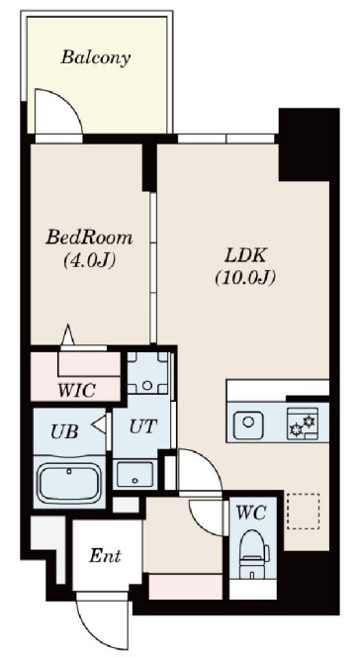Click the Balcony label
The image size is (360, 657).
point(95,57)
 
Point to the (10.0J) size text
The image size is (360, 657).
point(243,278)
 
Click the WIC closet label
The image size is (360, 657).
point(75,389)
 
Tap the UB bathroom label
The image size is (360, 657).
point(63,429)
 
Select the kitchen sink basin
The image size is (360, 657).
point(248,426)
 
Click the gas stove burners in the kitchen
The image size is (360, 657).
point(301,426)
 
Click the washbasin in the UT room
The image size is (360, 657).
point(135,472)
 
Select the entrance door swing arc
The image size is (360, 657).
point(103,618)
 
